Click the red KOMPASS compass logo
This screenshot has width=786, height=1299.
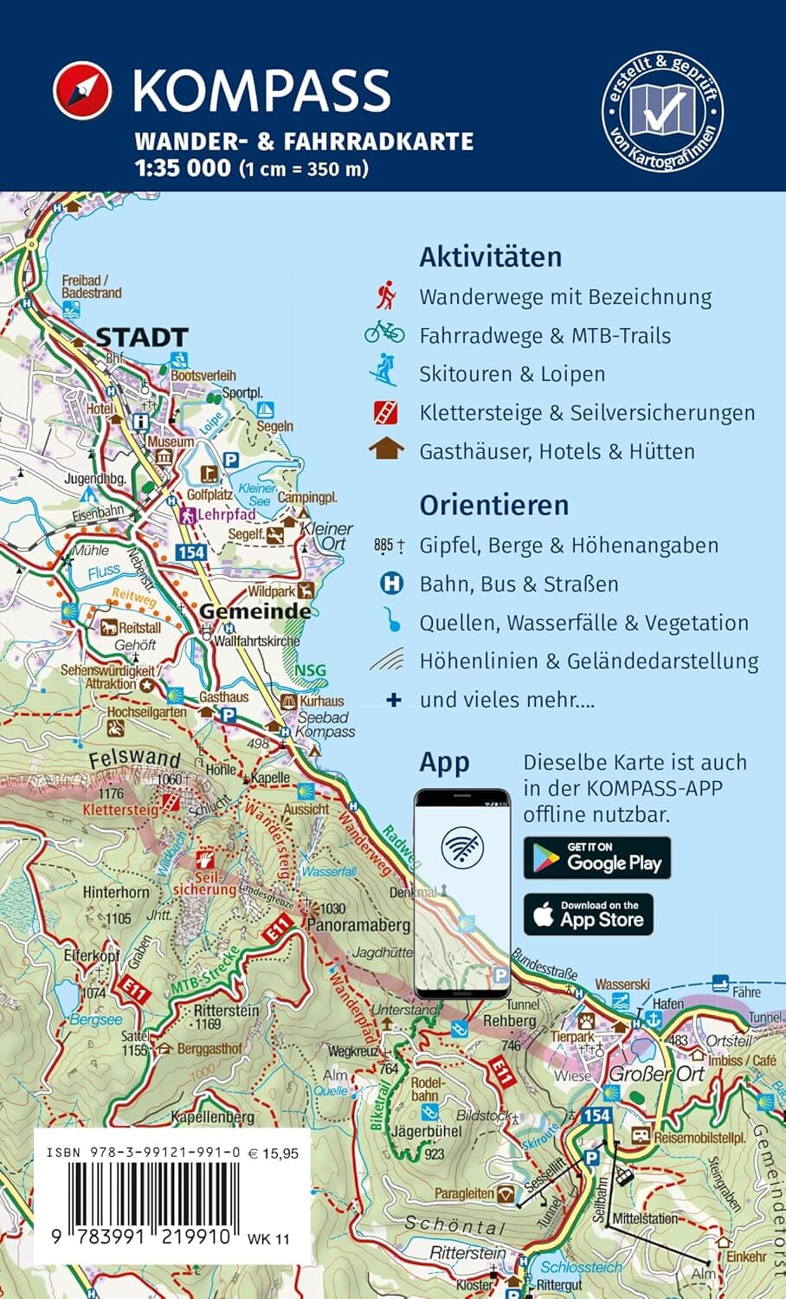tap(82, 90)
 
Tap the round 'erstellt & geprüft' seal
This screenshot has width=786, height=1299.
tap(662, 110)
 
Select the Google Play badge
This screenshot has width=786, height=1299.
tap(596, 857)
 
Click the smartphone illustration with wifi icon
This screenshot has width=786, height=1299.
tap(461, 892)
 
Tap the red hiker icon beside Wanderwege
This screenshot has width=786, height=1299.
tap(386, 296)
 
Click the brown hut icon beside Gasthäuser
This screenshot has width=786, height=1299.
tap(385, 450)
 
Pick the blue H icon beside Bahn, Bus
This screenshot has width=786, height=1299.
tap(392, 584)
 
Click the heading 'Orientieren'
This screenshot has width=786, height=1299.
tap(493, 505)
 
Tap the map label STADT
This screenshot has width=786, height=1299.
tap(141, 337)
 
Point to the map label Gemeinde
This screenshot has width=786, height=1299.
tap(254, 611)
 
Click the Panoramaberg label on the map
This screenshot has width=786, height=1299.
tap(358, 925)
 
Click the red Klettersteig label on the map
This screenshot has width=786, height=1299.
tap(120, 810)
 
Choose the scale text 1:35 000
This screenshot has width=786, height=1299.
tap(183, 168)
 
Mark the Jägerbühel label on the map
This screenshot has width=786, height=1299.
tap(427, 1131)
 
